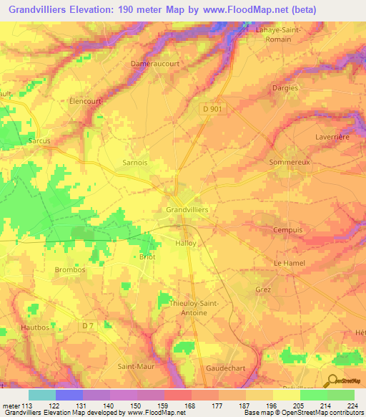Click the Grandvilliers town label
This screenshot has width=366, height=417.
point(187,208)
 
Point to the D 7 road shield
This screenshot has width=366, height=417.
point(88,327)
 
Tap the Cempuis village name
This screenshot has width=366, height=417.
point(289,230)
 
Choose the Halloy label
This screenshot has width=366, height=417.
point(185,243)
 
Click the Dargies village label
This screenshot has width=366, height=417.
point(285,87)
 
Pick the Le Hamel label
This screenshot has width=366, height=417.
point(290,264)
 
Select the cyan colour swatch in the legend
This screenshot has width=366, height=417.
point(42,395)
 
